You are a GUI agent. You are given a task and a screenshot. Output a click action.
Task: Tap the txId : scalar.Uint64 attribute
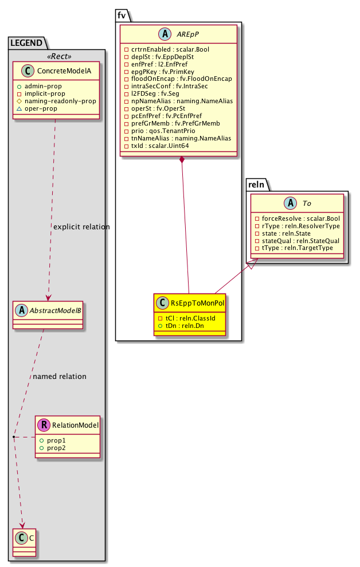(x=156, y=146)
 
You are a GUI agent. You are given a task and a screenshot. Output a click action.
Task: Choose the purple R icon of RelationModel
(x=44, y=425)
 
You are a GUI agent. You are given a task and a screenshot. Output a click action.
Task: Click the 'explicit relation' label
(x=81, y=227)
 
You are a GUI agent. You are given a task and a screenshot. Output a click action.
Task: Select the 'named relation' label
(x=60, y=377)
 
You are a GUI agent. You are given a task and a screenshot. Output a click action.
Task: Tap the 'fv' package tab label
(x=122, y=15)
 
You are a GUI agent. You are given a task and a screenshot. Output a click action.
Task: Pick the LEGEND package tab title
(x=28, y=42)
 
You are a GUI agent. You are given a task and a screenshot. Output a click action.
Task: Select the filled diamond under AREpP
(x=182, y=160)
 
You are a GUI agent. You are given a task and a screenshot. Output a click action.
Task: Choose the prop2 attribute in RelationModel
(x=57, y=447)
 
